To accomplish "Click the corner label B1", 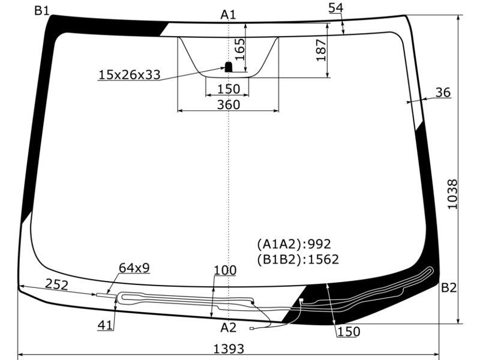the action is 41,11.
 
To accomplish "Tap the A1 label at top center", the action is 229,14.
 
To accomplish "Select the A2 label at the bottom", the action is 229,328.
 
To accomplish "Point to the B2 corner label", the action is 449,288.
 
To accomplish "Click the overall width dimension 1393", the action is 229,349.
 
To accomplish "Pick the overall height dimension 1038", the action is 452,194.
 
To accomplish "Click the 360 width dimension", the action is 229,104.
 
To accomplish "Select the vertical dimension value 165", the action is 239,49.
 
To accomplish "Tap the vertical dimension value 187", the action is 321,50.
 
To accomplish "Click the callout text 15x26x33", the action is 130,74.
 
